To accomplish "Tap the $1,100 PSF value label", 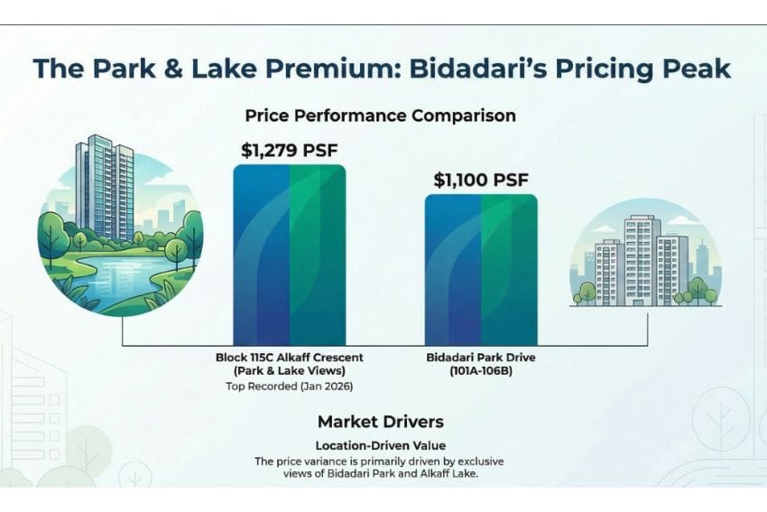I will [x=480, y=179].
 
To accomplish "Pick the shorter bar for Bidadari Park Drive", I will [x=480, y=269].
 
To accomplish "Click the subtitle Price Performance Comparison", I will [x=380, y=116].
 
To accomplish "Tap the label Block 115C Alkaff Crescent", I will [x=289, y=358].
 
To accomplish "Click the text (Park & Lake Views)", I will [x=289, y=371].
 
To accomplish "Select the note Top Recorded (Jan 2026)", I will [x=289, y=386].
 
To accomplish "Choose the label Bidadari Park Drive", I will [x=481, y=358].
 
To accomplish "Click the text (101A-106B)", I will [x=481, y=371].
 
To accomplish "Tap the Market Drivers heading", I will [x=380, y=422].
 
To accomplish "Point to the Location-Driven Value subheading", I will [x=380, y=445].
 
